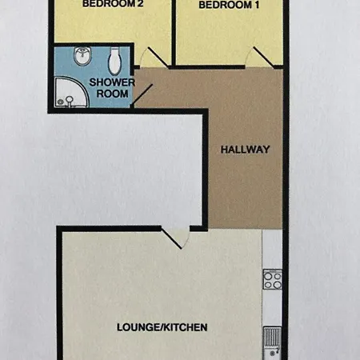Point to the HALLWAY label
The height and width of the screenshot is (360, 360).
tap(245, 150)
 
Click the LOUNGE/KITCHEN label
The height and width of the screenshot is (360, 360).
tap(162, 327)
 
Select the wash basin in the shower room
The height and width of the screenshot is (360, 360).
tap(81, 57)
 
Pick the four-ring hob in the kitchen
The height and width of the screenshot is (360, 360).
tap(272, 280)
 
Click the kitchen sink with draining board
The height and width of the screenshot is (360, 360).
tap(272, 340)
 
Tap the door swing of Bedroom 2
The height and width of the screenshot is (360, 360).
tap(153, 58)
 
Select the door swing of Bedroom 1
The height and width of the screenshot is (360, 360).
tap(260, 57)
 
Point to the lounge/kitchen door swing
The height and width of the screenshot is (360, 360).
tap(174, 237)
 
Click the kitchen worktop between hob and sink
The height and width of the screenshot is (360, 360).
tap(272, 310)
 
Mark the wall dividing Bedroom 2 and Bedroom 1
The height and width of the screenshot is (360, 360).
tap(174, 32)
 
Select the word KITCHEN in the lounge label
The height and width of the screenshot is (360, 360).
tap(183, 327)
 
